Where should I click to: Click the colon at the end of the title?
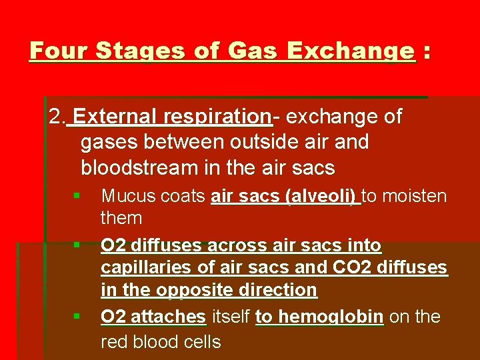click(426, 51)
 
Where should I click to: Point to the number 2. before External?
click(57, 117)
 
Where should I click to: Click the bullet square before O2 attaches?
click(77, 315)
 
